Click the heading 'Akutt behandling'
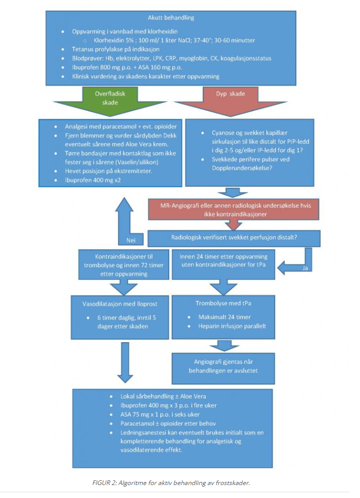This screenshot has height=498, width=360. coord(171,18)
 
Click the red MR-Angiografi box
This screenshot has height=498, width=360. coord(234,210)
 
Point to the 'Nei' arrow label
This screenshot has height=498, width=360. coord(131,240)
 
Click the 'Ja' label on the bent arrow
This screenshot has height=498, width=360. coord(305,268)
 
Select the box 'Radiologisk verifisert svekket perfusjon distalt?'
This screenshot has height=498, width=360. coord(234,238)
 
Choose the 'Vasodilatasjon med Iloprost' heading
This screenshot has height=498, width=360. coord(119,304)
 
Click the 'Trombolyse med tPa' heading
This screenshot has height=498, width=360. coord(223,303)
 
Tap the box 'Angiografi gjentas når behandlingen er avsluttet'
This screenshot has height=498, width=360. coord(223,369)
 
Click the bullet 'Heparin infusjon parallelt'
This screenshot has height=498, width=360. coord(232,326)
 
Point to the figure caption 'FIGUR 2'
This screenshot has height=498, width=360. coord(104,483)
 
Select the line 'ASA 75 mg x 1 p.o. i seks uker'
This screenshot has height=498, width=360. coord(160,415)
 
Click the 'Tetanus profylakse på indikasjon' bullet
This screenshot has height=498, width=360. coord(115,49)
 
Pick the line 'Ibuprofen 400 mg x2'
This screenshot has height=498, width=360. coord(93,180)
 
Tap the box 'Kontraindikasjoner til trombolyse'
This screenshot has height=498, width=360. coord(124,265)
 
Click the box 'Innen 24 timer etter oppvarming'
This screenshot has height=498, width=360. coord(223,265)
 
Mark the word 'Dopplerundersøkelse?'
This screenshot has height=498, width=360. coord(242,168)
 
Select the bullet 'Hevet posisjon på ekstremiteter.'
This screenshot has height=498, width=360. coord(109,171)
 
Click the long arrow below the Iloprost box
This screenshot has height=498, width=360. coord(125,362)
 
